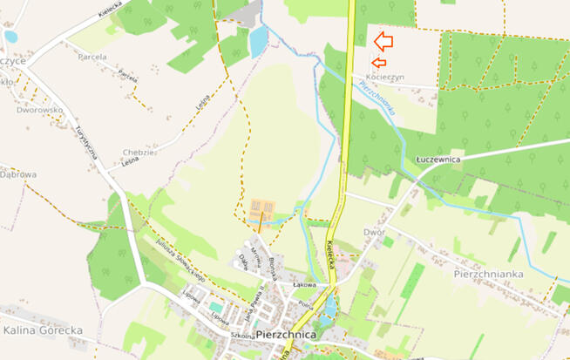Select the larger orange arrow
(x=383, y=41)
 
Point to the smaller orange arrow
(x=377, y=62)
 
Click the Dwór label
(x=374, y=233)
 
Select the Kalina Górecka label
(x=42, y=330)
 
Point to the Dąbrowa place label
(x=18, y=174)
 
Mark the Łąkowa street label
(x=303, y=285)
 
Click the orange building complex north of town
(x=261, y=208)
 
